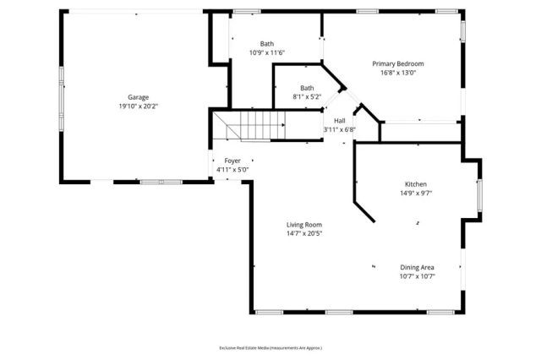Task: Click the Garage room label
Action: (139, 97)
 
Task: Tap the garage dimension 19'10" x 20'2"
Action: (139, 106)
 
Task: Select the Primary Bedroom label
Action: (398, 63)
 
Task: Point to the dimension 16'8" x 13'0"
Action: (398, 73)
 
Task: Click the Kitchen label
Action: (415, 183)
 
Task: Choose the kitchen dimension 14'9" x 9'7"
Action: (415, 193)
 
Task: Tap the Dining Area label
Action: (418, 267)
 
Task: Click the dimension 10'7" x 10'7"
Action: (418, 276)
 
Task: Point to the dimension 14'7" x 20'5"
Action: (303, 233)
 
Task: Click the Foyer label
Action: (232, 161)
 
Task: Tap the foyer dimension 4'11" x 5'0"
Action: (232, 169)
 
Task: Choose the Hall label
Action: (339, 120)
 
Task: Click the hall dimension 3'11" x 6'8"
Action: (339, 129)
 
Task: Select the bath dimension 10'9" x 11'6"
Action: (267, 52)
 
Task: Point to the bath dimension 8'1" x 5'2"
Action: (307, 97)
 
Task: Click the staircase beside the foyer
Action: (254, 128)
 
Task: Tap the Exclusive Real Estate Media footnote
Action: (270, 347)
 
